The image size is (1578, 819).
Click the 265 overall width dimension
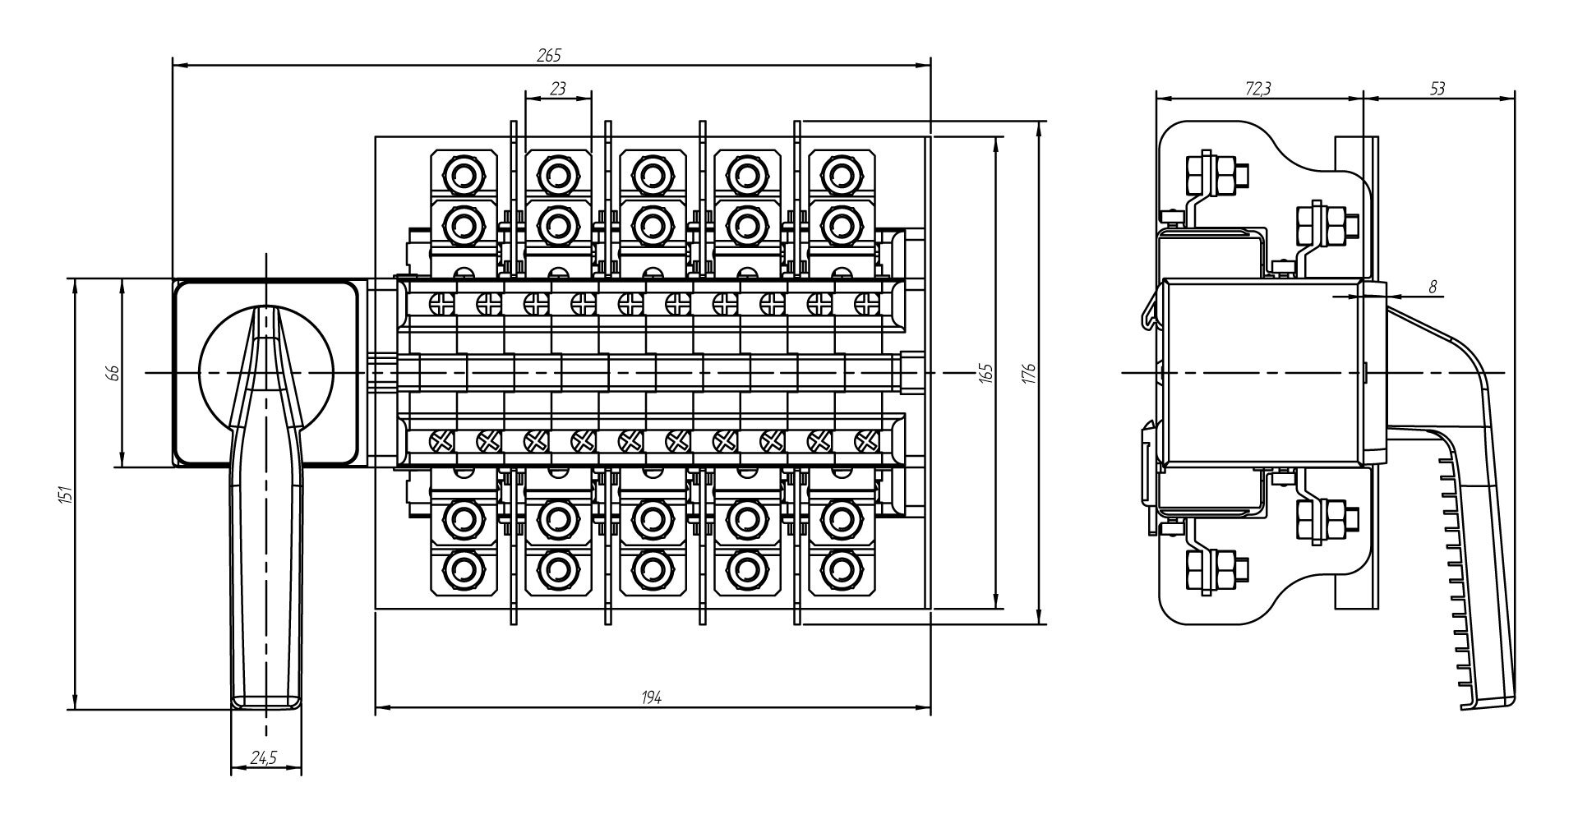(549, 55)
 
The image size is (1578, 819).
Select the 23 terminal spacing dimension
(558, 89)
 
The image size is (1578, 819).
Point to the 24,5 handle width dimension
(263, 759)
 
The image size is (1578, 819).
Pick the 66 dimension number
(114, 372)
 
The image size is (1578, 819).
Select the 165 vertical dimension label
(987, 372)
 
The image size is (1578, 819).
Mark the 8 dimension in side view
(1432, 287)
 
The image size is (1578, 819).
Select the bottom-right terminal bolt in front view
(839, 567)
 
